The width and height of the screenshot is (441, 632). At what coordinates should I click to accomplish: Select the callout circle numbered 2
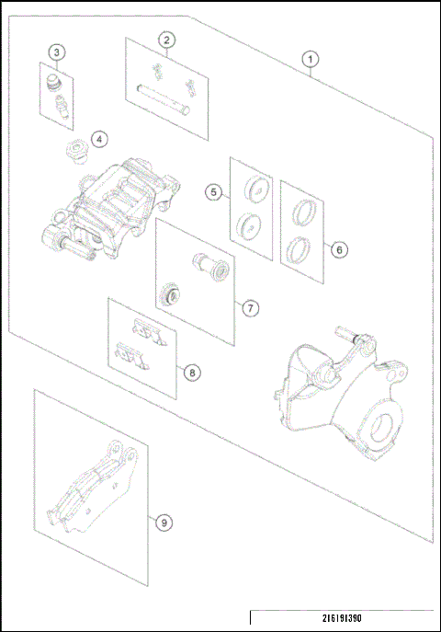[x=166, y=40]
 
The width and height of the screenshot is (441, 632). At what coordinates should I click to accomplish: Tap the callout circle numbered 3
[x=57, y=52]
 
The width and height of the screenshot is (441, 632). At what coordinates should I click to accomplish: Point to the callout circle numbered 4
[x=99, y=139]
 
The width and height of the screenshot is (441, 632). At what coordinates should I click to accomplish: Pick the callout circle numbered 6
[x=338, y=249]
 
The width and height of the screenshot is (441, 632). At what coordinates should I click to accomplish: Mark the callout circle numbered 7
[x=250, y=308]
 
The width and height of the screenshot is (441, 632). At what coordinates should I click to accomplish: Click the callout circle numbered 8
[x=191, y=373]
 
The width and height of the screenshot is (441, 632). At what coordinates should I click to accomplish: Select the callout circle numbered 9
[x=164, y=523]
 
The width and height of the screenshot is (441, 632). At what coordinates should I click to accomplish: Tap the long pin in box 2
[x=162, y=98]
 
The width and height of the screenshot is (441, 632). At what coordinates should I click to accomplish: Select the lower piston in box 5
[x=248, y=224]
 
